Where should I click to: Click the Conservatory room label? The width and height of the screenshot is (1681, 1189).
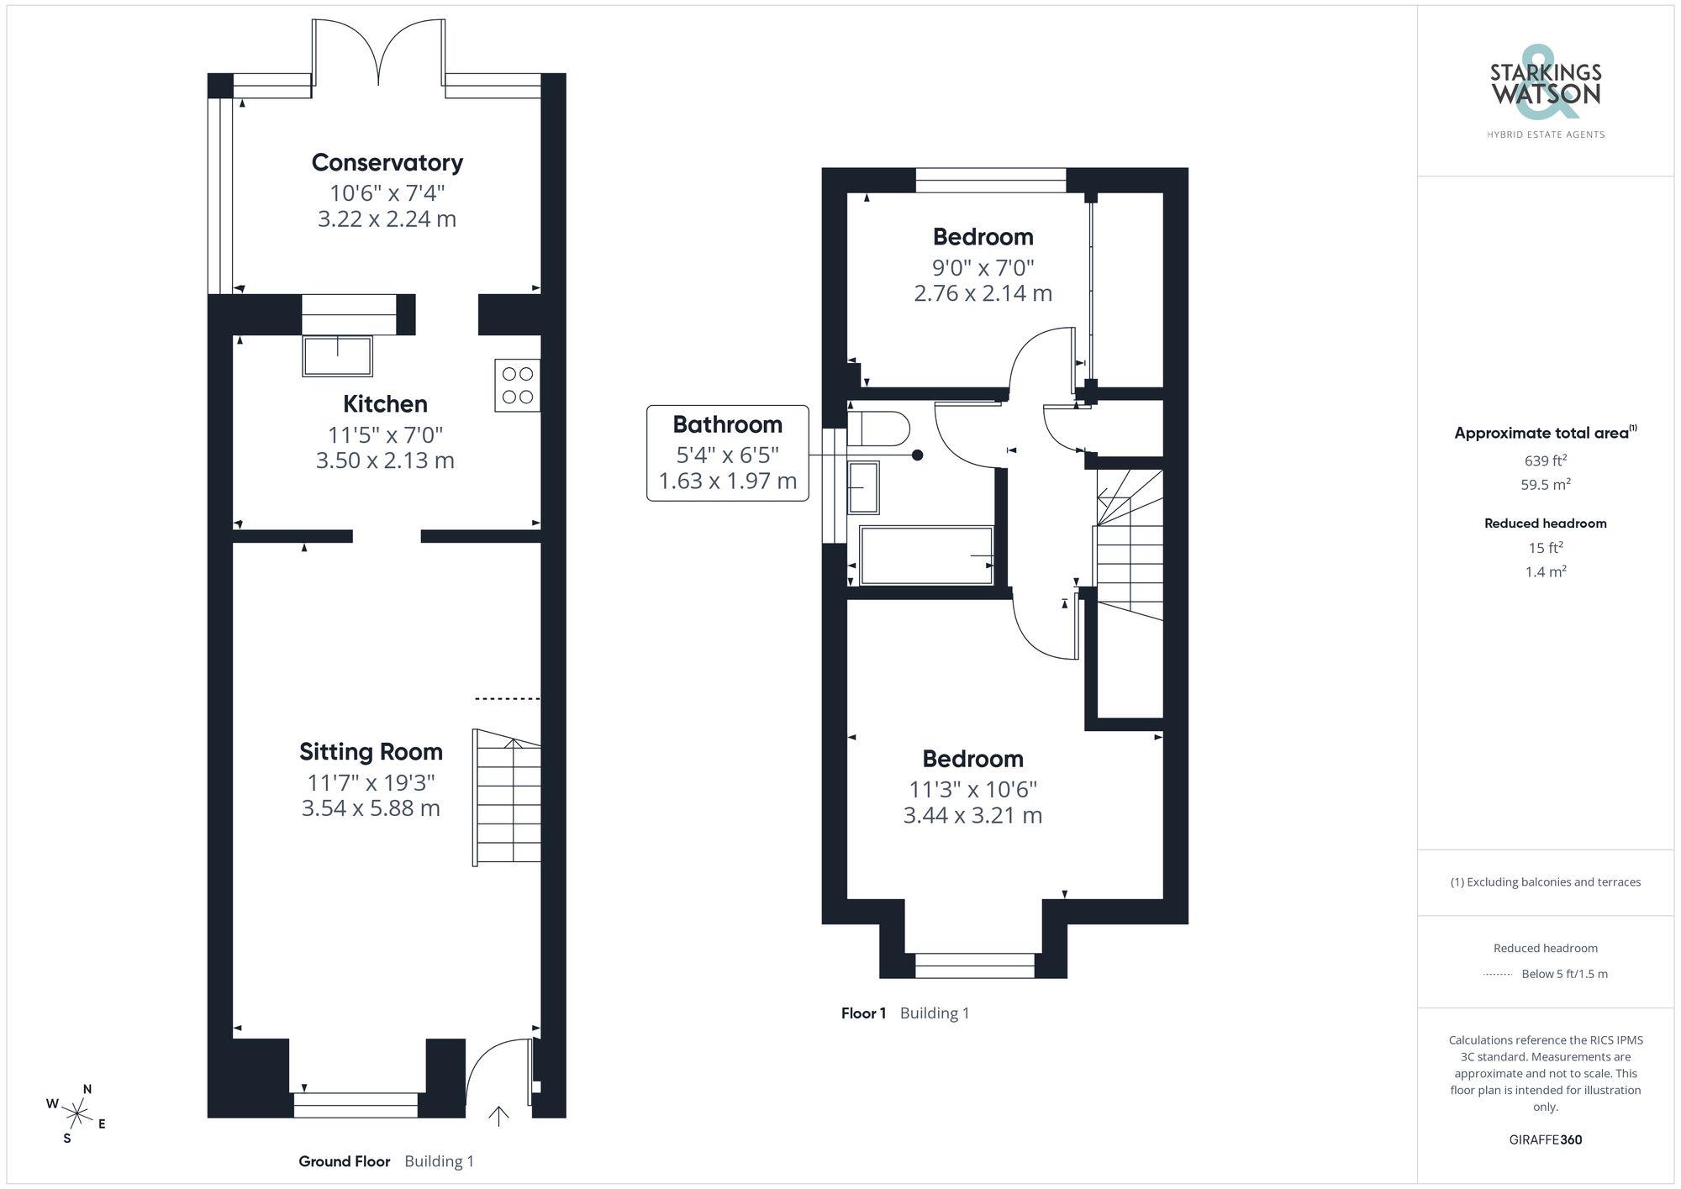[387, 163]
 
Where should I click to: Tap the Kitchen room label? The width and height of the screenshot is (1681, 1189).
[385, 404]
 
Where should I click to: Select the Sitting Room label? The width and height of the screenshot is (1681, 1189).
[371, 752]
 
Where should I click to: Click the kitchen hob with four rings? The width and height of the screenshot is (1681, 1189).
[517, 386]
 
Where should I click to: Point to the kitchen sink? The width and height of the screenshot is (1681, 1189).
[337, 356]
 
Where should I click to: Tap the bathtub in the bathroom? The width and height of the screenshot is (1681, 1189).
[925, 555]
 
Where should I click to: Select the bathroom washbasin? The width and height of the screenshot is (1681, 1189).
[863, 487]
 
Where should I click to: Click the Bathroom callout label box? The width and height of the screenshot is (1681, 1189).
[727, 453]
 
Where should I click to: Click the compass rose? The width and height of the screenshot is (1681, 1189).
[77, 1114]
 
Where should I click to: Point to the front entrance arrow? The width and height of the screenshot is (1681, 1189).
[498, 1116]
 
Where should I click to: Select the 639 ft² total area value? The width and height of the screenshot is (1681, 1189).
[1545, 460]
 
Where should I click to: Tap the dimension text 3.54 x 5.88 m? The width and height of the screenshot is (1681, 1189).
[371, 808]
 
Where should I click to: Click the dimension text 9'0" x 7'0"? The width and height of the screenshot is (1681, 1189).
[983, 268]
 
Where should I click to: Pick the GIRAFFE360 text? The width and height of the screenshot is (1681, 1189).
[1545, 1139]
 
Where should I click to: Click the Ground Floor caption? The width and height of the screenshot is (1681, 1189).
[345, 1161]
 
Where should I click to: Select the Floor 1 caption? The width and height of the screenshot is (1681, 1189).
[863, 1013]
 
